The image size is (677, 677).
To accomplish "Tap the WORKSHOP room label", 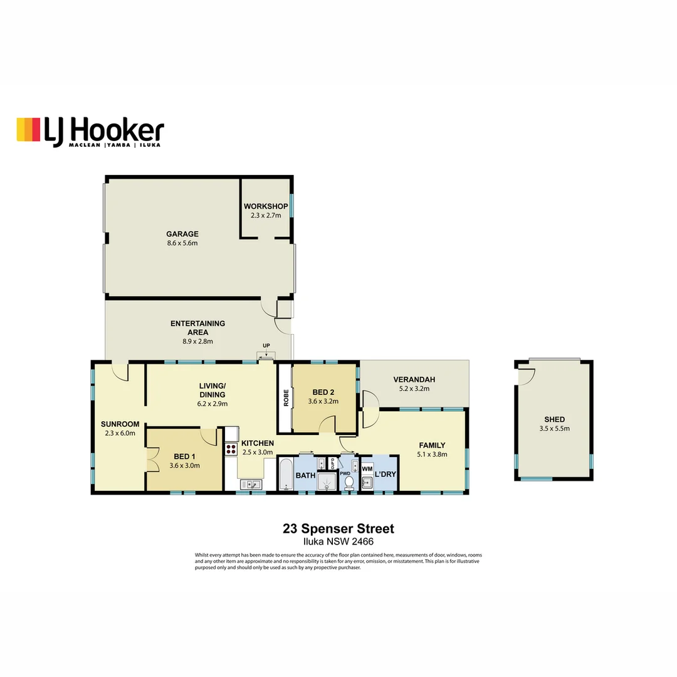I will [x=266, y=206].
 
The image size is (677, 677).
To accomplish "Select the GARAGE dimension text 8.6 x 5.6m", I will [x=182, y=243].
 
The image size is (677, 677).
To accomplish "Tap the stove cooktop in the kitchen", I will [x=231, y=448].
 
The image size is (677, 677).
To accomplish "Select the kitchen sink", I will [x=251, y=484].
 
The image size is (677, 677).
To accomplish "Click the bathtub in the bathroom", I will [x=286, y=475].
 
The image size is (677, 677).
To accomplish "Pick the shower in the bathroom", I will [x=326, y=482].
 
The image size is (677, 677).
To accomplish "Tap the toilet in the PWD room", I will [x=349, y=483].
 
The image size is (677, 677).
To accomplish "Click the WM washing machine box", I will [x=367, y=468].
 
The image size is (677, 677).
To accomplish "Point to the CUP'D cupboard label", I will [x=332, y=464].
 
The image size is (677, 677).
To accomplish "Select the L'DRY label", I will [x=385, y=475].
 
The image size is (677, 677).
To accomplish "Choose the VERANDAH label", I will [x=414, y=379].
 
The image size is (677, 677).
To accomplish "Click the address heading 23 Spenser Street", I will [x=338, y=529].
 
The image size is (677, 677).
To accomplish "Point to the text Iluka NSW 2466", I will [x=338, y=542].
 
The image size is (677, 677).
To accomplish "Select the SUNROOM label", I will [x=120, y=424].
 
